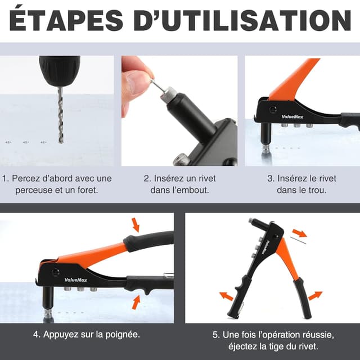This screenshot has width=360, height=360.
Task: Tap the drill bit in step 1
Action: [x=61, y=115]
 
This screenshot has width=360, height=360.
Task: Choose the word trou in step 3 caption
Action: [x=318, y=190]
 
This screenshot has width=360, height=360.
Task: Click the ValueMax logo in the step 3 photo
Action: [x=292, y=117]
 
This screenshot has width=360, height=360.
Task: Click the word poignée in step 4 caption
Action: [x=119, y=334]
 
